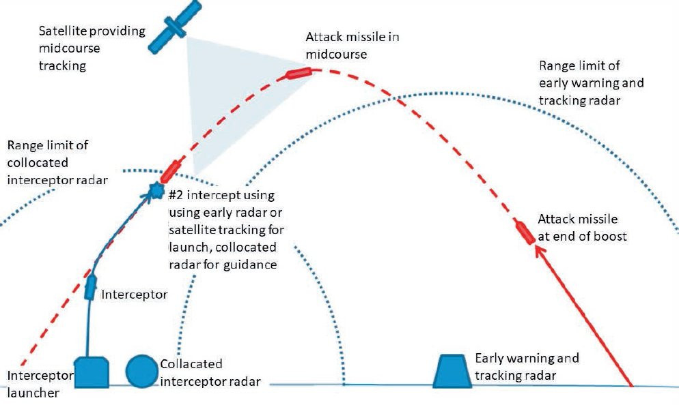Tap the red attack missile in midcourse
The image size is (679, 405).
click(x=298, y=72)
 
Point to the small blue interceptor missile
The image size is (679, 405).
click(x=90, y=288)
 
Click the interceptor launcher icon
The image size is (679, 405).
click(x=92, y=372)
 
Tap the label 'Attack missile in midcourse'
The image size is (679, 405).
click(x=352, y=45)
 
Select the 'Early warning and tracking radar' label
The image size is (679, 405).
click(x=527, y=366)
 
